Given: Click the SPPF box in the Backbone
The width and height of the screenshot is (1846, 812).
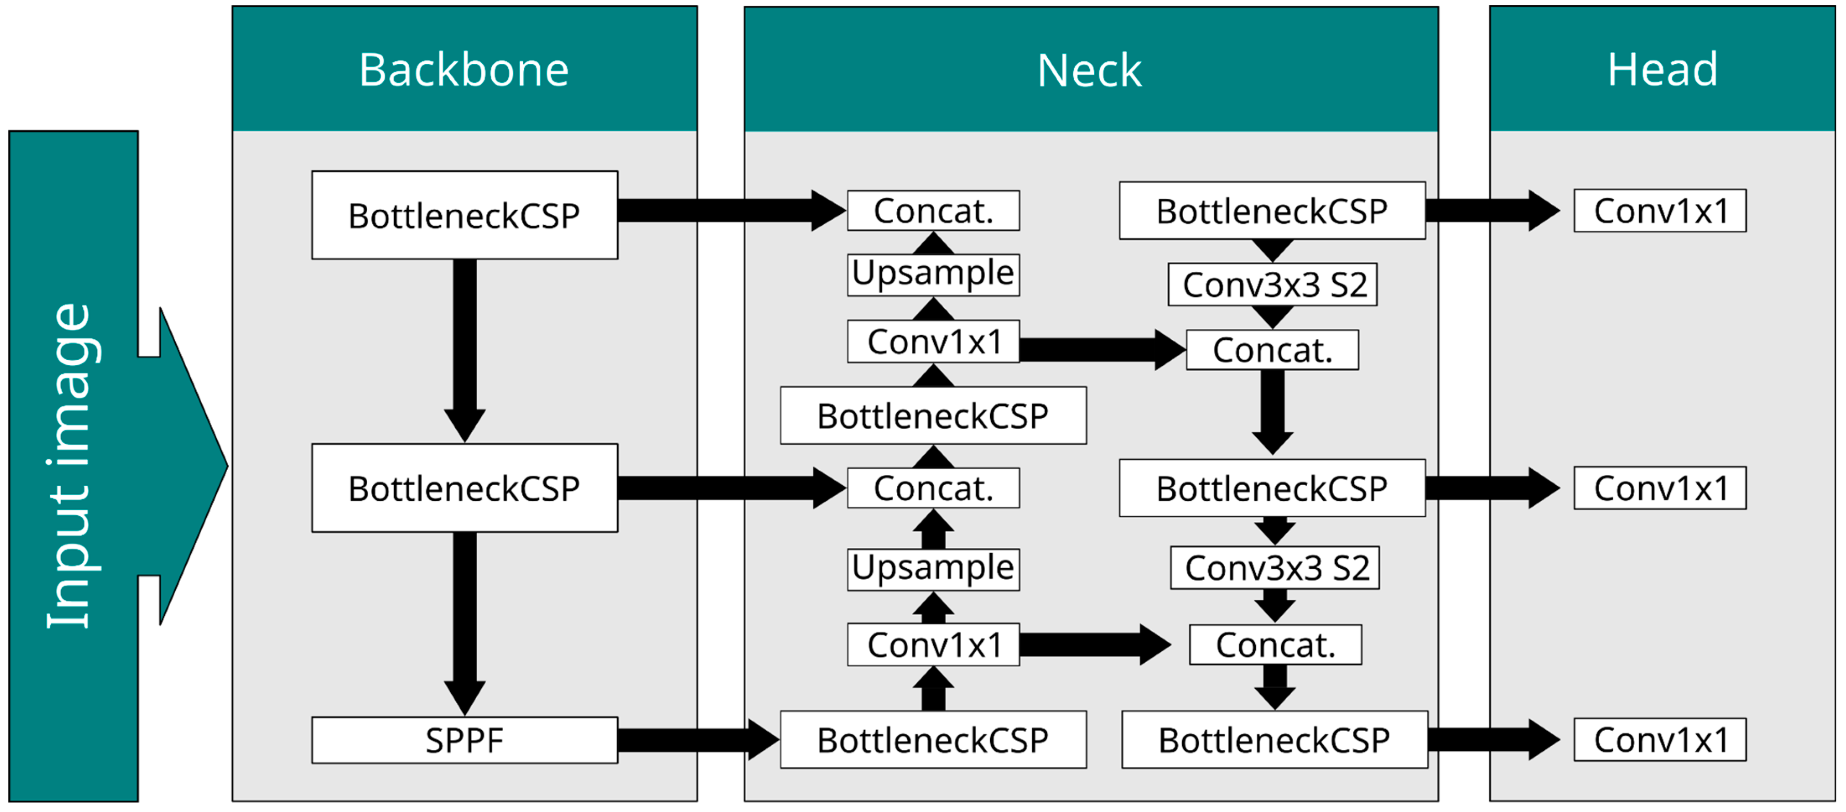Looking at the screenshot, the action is click(465, 739).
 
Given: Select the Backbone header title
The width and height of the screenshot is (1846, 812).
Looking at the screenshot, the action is click(465, 70).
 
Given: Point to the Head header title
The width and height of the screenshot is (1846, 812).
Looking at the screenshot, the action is click(1662, 70).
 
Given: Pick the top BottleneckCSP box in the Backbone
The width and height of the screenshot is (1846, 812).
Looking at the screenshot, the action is click(465, 215).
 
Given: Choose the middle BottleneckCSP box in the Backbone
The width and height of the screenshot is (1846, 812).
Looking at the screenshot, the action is click(465, 488).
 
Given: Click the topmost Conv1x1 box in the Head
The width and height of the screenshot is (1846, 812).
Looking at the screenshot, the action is click(1660, 211).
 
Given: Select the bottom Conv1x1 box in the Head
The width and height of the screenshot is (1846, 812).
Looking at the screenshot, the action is click(1660, 739).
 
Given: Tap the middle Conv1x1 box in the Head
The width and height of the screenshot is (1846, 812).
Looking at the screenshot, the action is click(1660, 488).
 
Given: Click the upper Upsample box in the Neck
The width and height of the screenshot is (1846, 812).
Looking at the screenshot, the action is click(933, 274).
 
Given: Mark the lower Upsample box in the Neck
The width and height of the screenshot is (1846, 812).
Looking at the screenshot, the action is click(933, 570).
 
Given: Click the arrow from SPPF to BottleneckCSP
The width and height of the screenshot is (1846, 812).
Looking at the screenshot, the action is click(699, 739).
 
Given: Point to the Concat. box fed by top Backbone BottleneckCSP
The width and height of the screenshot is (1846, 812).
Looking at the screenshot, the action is click(933, 211).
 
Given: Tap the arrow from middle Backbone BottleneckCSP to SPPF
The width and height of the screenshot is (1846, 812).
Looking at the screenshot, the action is click(465, 624).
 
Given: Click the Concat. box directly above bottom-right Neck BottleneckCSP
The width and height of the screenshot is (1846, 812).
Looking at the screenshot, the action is click(1275, 645).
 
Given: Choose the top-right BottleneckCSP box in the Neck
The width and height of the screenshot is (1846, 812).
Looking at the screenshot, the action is click(1272, 211).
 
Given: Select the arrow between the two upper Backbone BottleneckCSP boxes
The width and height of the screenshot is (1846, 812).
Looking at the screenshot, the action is click(465, 351).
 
